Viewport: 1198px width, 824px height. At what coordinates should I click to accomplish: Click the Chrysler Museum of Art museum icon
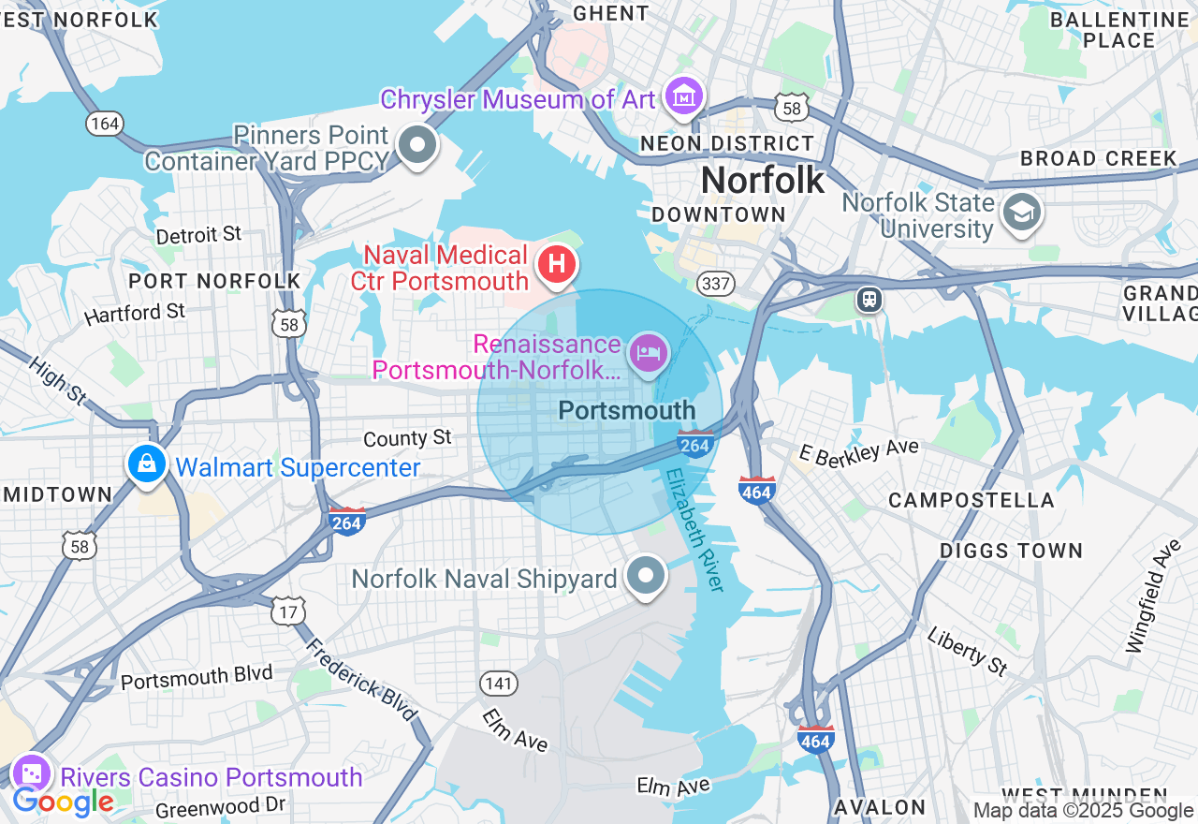point(685,96)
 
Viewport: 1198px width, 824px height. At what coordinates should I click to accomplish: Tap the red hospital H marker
point(557,265)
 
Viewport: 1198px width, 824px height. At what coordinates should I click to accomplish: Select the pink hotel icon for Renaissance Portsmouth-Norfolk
point(649,353)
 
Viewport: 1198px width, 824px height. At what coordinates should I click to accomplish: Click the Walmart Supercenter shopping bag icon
point(147,463)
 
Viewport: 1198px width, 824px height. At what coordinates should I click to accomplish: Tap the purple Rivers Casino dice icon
point(31,774)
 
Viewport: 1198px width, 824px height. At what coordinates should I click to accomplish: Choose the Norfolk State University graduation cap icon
point(1022,213)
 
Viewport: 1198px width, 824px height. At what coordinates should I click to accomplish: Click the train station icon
point(869,300)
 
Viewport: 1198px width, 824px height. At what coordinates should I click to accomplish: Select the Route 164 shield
point(104,123)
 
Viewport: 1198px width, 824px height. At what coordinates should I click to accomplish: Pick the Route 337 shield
point(714,282)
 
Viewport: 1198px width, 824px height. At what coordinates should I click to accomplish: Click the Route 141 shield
point(499,683)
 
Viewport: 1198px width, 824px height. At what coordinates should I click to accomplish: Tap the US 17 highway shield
point(287,611)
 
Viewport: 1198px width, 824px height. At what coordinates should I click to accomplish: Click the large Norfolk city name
point(763,180)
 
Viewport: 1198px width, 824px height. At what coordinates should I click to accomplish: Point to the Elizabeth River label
point(695,529)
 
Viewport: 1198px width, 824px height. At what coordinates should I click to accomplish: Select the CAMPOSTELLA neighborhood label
point(971,501)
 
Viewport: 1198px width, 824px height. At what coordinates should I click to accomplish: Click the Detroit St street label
point(198,234)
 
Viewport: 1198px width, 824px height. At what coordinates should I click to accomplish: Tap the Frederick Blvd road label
point(360,679)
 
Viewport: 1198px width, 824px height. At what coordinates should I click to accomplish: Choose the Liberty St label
point(967,650)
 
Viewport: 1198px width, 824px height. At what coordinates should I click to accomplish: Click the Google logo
point(63,802)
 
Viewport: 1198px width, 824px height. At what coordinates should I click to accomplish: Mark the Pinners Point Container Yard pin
point(417,145)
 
